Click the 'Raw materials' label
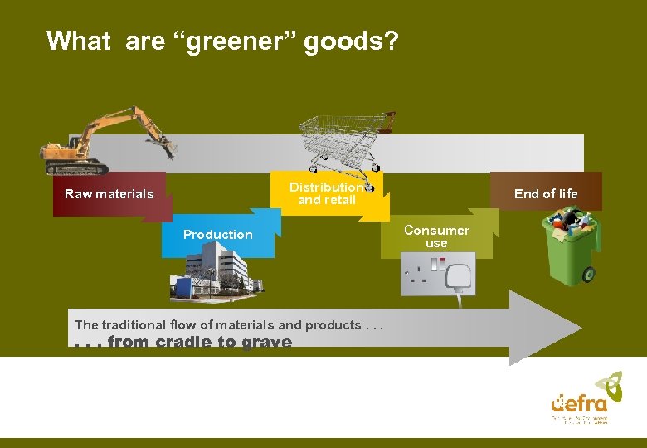(109, 194)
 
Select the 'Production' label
(218, 235)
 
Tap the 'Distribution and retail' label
(327, 193)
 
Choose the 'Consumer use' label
(436, 236)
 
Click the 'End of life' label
(546, 194)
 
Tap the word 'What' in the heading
(79, 41)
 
